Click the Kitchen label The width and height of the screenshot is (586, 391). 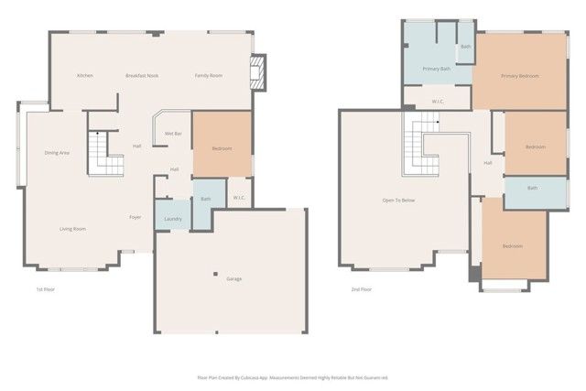tap(85, 75)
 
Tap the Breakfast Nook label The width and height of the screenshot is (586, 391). tap(142, 75)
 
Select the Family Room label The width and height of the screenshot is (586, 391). tap(209, 75)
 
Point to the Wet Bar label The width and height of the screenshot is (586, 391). tap(172, 134)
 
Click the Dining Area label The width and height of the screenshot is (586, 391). tap(57, 153)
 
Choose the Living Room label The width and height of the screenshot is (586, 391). tap(72, 229)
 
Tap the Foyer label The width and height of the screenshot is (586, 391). tap(135, 217)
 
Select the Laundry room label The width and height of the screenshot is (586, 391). tap(172, 219)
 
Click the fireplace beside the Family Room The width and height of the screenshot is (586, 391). tap(259, 72)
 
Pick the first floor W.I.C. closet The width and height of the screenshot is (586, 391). tap(238, 198)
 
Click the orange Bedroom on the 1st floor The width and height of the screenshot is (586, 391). tap(222, 148)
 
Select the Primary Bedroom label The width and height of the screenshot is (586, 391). tap(521, 75)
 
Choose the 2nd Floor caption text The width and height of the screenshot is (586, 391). tap(361, 289)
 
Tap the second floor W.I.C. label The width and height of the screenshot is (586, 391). tap(436, 101)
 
